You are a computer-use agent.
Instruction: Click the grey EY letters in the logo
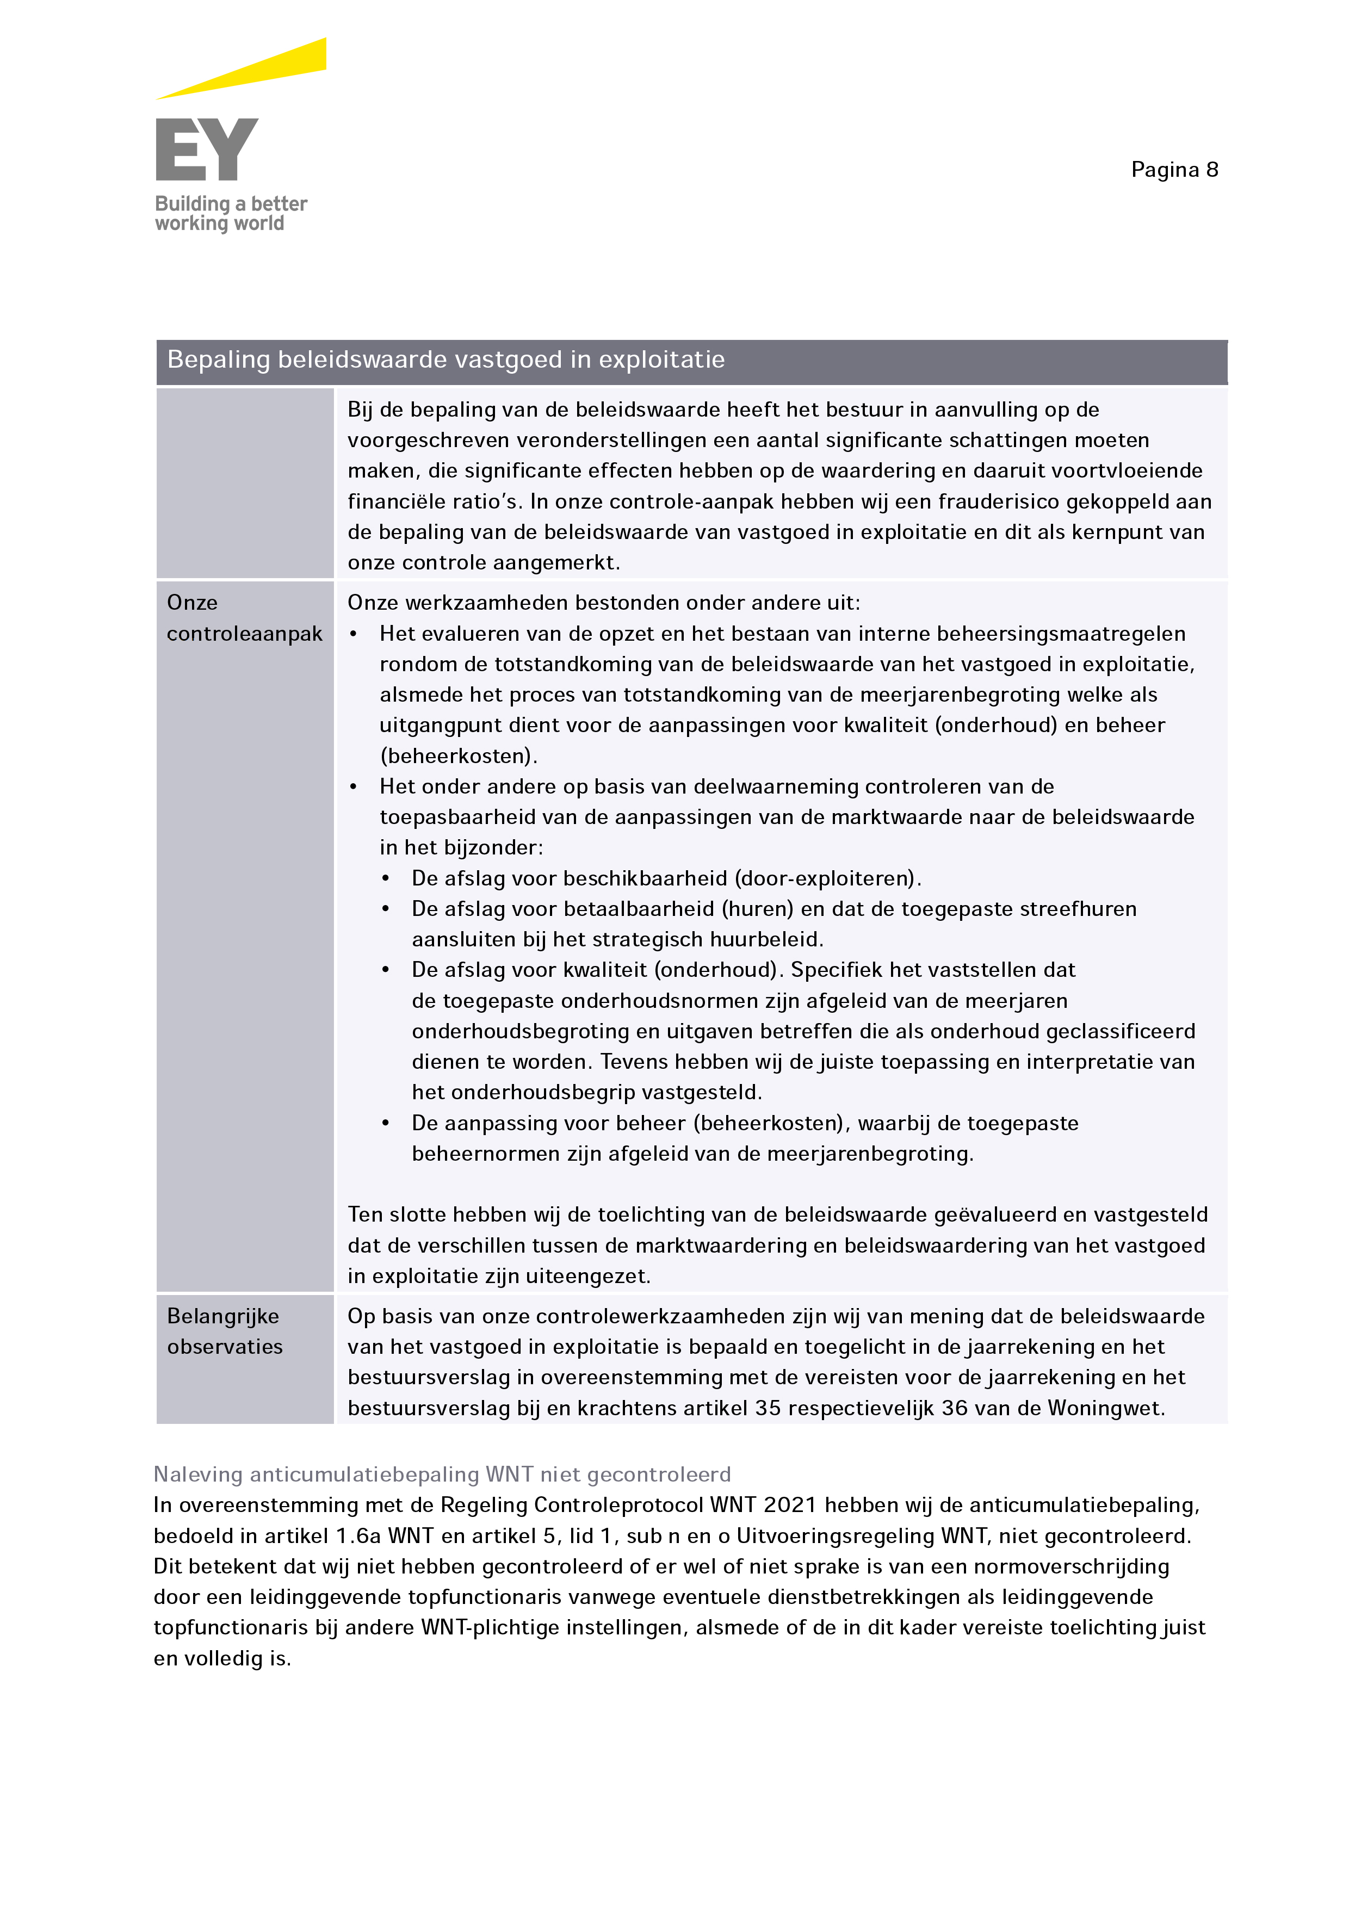(206, 150)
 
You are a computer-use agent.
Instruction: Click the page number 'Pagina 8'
(1174, 170)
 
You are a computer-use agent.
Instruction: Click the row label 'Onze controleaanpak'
(244, 617)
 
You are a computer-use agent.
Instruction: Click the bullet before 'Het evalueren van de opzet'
(354, 634)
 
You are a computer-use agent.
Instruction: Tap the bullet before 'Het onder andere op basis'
(354, 787)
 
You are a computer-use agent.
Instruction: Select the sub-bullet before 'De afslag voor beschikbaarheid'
(386, 878)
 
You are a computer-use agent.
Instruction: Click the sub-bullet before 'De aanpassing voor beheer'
(386, 1124)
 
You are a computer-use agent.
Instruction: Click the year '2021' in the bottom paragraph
(790, 1505)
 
